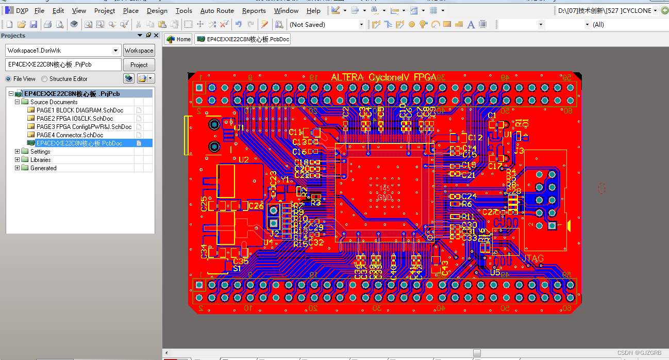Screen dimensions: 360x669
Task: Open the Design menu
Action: pos(157,10)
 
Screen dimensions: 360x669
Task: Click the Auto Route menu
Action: pos(217,10)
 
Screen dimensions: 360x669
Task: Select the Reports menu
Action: pos(254,10)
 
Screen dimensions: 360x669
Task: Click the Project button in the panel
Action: pos(139,65)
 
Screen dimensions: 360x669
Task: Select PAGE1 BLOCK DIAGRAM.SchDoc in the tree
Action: pos(80,110)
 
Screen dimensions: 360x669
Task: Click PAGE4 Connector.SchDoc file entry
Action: pos(70,135)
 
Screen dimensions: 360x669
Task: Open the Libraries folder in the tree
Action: pos(40,160)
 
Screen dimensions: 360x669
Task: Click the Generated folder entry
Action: pos(43,168)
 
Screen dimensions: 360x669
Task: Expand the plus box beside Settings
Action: pos(18,152)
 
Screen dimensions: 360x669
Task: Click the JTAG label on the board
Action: pos(533,258)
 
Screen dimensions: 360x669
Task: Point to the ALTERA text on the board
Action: pos(347,77)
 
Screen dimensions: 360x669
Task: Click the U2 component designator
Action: pos(243,160)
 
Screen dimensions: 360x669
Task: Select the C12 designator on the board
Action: pos(475,138)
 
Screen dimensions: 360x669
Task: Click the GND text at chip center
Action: pos(384,198)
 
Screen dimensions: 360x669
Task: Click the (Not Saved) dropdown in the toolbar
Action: pos(326,24)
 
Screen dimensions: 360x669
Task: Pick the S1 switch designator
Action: pos(237,269)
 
